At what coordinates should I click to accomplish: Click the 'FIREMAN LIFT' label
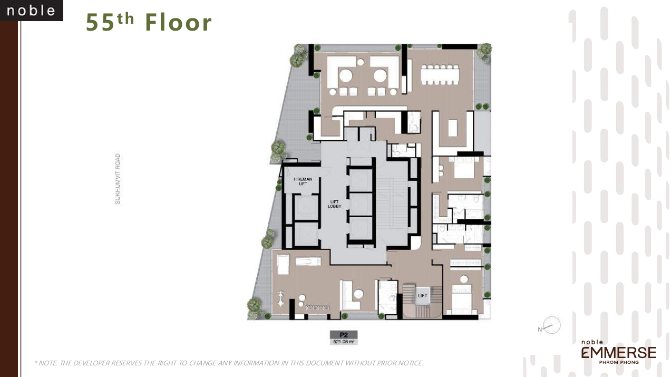click(303, 181)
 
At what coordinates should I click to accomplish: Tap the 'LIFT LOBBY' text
click(334, 204)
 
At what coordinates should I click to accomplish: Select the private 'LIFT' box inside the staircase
click(423, 296)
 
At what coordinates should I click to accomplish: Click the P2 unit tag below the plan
click(344, 335)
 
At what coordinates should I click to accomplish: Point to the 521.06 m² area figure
click(344, 342)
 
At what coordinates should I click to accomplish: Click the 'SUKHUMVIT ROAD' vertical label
click(118, 179)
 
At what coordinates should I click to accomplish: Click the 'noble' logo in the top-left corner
click(32, 11)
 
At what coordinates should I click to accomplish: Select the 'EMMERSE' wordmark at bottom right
click(619, 353)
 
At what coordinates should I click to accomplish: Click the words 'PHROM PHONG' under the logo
click(619, 363)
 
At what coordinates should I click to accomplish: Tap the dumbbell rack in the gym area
click(318, 307)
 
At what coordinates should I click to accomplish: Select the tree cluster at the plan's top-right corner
click(484, 51)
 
